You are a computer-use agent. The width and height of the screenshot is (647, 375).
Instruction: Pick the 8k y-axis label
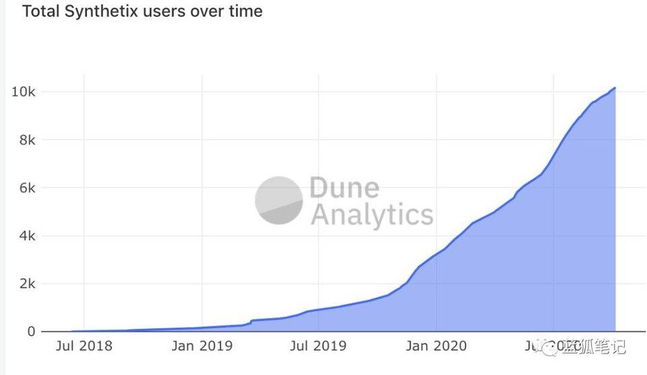[x=26, y=140]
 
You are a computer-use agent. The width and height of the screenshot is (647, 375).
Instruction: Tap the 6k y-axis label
[x=26, y=187]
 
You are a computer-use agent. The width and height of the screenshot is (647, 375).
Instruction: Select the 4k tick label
[x=26, y=236]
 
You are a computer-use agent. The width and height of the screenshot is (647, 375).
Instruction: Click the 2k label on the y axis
[x=26, y=284]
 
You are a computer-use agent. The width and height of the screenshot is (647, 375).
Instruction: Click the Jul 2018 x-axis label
[x=84, y=347]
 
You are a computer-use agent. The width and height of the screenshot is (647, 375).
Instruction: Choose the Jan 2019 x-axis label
[x=202, y=347]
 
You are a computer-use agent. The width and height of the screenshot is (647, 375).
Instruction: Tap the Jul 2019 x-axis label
[x=318, y=347]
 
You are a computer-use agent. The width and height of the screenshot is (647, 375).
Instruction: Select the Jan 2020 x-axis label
[x=437, y=347]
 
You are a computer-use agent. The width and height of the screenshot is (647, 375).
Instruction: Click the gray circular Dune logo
[x=278, y=200]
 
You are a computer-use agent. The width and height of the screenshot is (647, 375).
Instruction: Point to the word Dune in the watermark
[x=344, y=188]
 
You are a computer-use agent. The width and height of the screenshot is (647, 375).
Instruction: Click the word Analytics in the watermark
[x=371, y=215]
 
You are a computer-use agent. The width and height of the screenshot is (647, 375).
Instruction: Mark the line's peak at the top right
[x=615, y=88]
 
